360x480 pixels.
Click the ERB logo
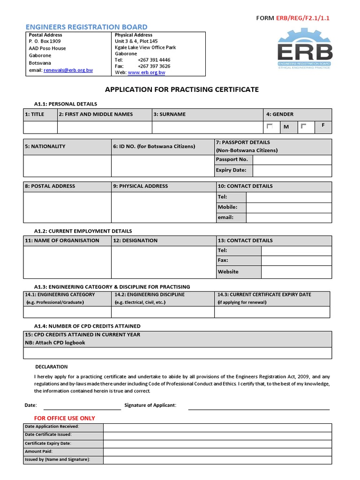coord(304,49)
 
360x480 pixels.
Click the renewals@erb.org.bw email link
coord(68,70)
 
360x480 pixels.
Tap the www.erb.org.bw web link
coord(146,73)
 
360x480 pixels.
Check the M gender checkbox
coord(270,127)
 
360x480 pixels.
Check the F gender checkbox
coord(303,127)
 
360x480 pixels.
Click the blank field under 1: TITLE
coord(40,127)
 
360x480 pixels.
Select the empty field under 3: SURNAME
coord(208,127)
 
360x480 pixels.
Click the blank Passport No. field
coord(292,160)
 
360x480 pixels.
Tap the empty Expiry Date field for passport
coord(292,171)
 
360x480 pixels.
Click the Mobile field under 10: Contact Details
coord(288,207)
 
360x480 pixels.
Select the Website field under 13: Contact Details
coord(296,272)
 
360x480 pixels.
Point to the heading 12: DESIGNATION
coord(135,240)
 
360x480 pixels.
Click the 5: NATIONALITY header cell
coord(67,147)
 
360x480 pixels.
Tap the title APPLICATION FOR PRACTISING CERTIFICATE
coord(182,90)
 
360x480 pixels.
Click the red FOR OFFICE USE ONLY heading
coord(65,418)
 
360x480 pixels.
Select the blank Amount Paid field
coord(217,451)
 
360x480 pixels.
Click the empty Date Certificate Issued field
coord(217,435)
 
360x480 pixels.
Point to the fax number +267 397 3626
coord(154,67)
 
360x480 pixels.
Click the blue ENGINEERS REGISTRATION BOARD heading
coord(86,27)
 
